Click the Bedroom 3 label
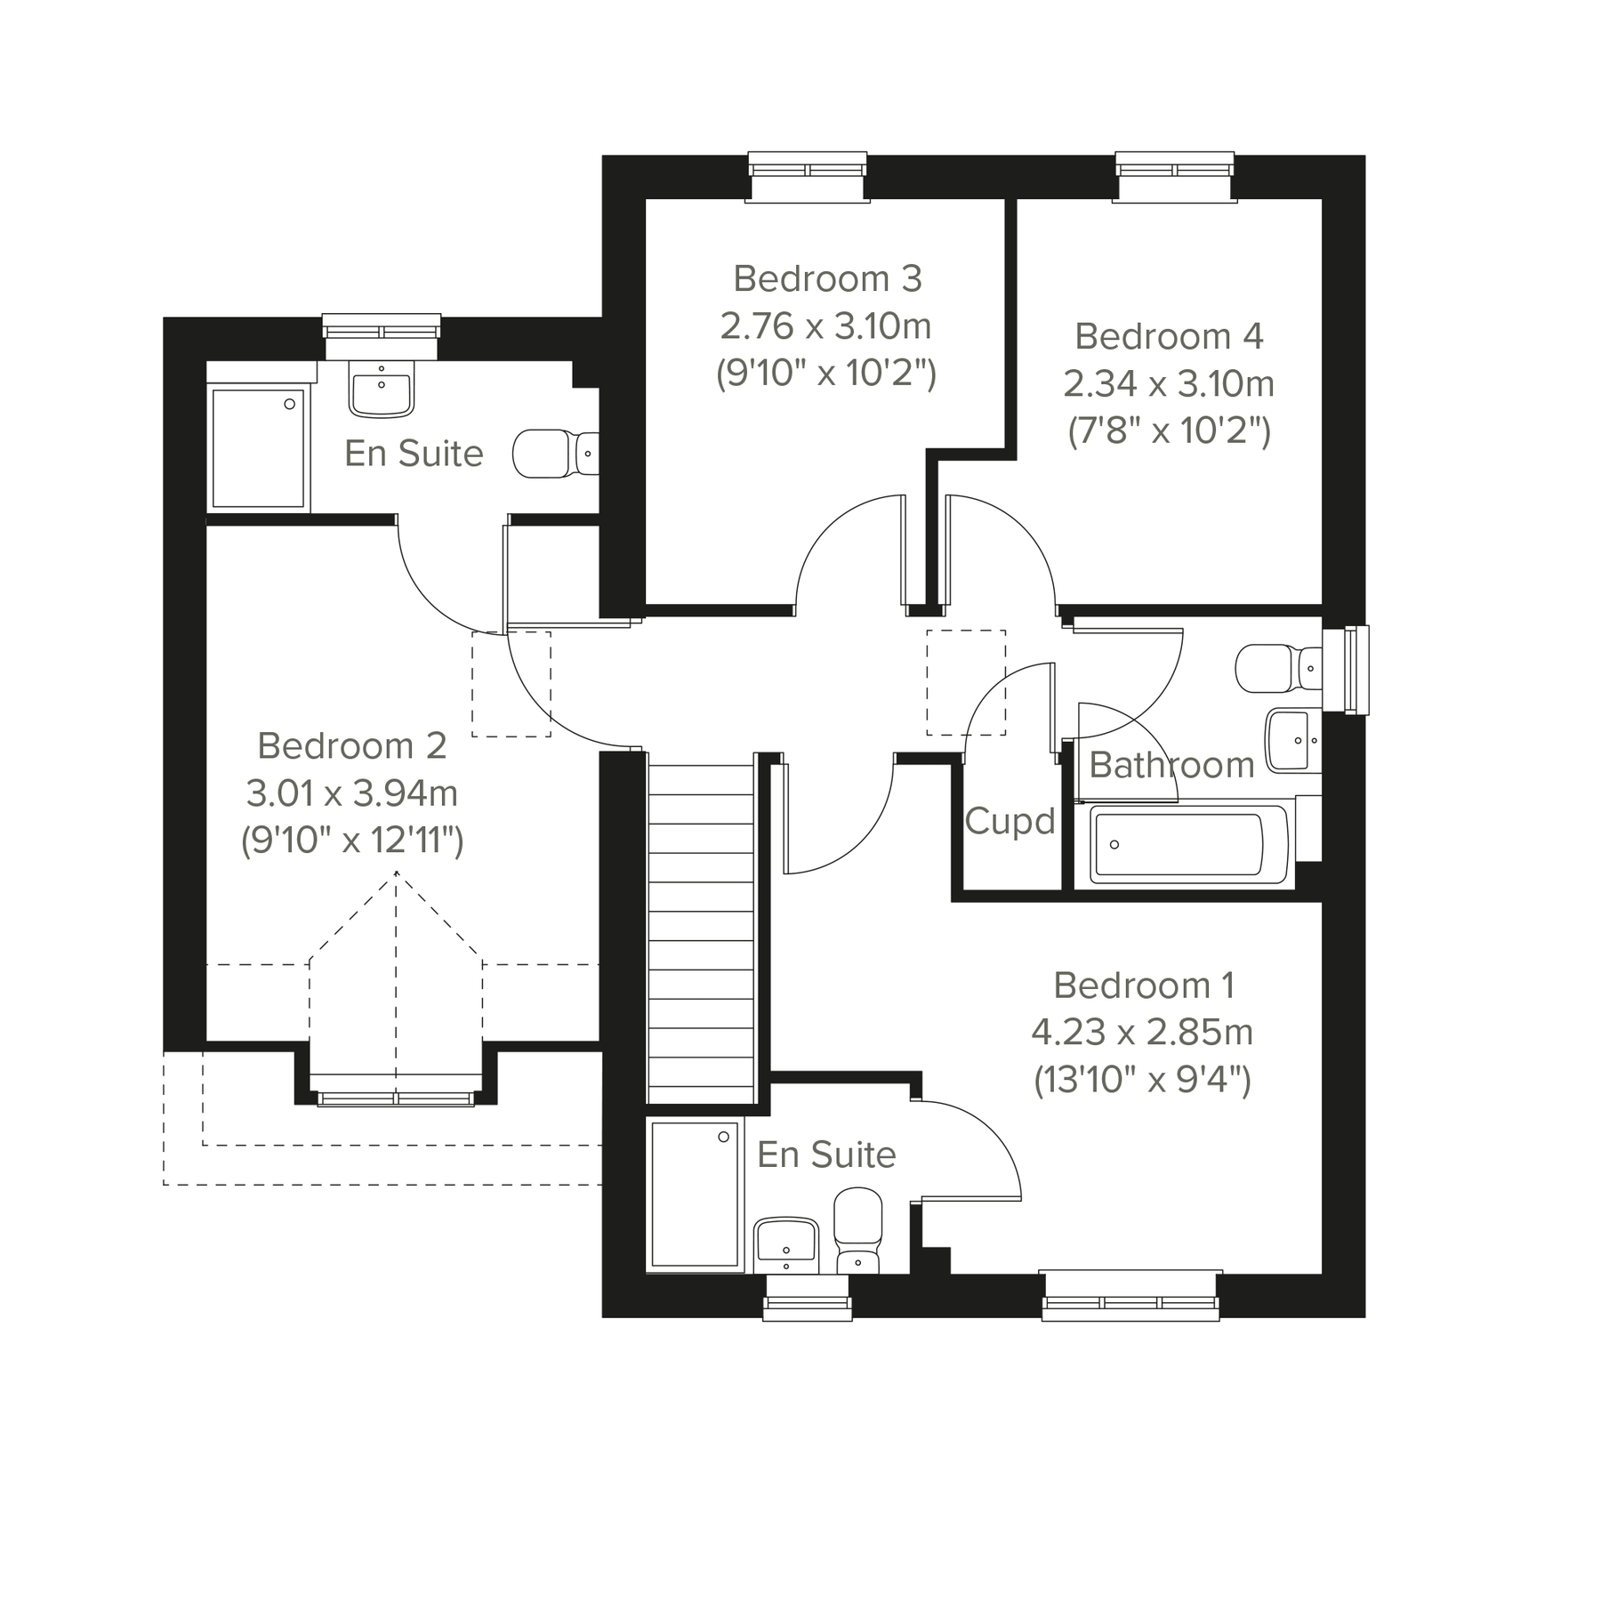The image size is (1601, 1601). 826,279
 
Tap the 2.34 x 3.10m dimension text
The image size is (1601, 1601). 1169,384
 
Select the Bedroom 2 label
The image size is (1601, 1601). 351,746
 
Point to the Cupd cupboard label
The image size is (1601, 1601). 1010,821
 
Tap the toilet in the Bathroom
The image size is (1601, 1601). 1276,667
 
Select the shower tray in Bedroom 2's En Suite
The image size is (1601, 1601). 258,448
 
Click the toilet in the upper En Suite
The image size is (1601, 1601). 553,454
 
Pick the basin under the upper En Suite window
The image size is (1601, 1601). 382,391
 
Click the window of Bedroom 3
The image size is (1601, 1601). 807,176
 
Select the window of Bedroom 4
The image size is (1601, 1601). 1175,176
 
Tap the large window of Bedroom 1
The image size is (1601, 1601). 1130,1295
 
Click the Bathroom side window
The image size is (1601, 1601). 1346,670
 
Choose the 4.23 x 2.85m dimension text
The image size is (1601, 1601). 1142,1034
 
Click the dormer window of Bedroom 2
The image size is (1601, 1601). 396,1098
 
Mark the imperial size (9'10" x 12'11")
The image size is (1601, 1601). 352,841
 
